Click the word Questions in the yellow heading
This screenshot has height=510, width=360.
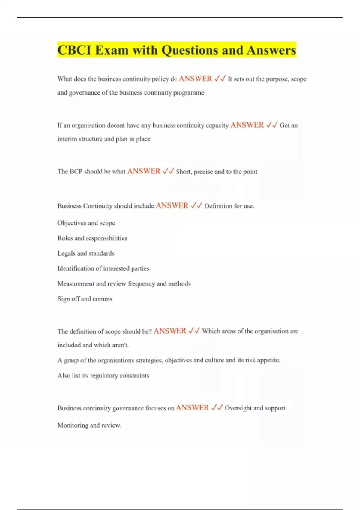[190, 50]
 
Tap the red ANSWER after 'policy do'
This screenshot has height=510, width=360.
[195, 79]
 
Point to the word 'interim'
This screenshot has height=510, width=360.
[67, 139]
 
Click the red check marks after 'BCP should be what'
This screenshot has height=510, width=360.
[168, 171]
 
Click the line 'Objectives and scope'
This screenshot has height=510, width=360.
[86, 223]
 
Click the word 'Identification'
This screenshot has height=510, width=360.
[75, 268]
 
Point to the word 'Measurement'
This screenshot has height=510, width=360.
[76, 284]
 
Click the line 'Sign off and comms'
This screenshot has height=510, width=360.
[85, 299]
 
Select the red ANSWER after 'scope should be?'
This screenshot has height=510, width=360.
[170, 331]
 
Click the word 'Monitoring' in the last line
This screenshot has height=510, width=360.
[72, 425]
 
